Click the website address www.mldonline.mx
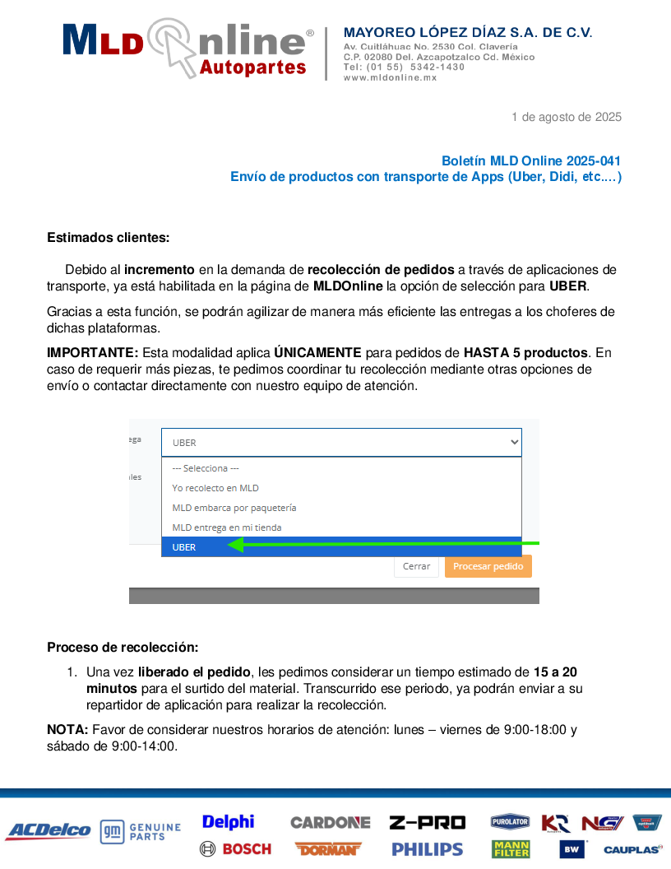[390, 77]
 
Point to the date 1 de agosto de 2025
[566, 117]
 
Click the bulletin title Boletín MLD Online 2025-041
[530, 161]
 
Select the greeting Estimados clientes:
[108, 238]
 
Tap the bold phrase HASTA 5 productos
[525, 353]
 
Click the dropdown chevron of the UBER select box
[515, 442]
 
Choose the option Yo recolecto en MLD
[215, 488]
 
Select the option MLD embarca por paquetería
[234, 508]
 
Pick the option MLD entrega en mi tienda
[226, 527]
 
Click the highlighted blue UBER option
[184, 547]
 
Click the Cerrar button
[416, 566]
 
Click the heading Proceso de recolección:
[123, 648]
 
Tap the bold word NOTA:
[67, 729]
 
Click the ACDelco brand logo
[48, 831]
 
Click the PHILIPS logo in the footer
[427, 848]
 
